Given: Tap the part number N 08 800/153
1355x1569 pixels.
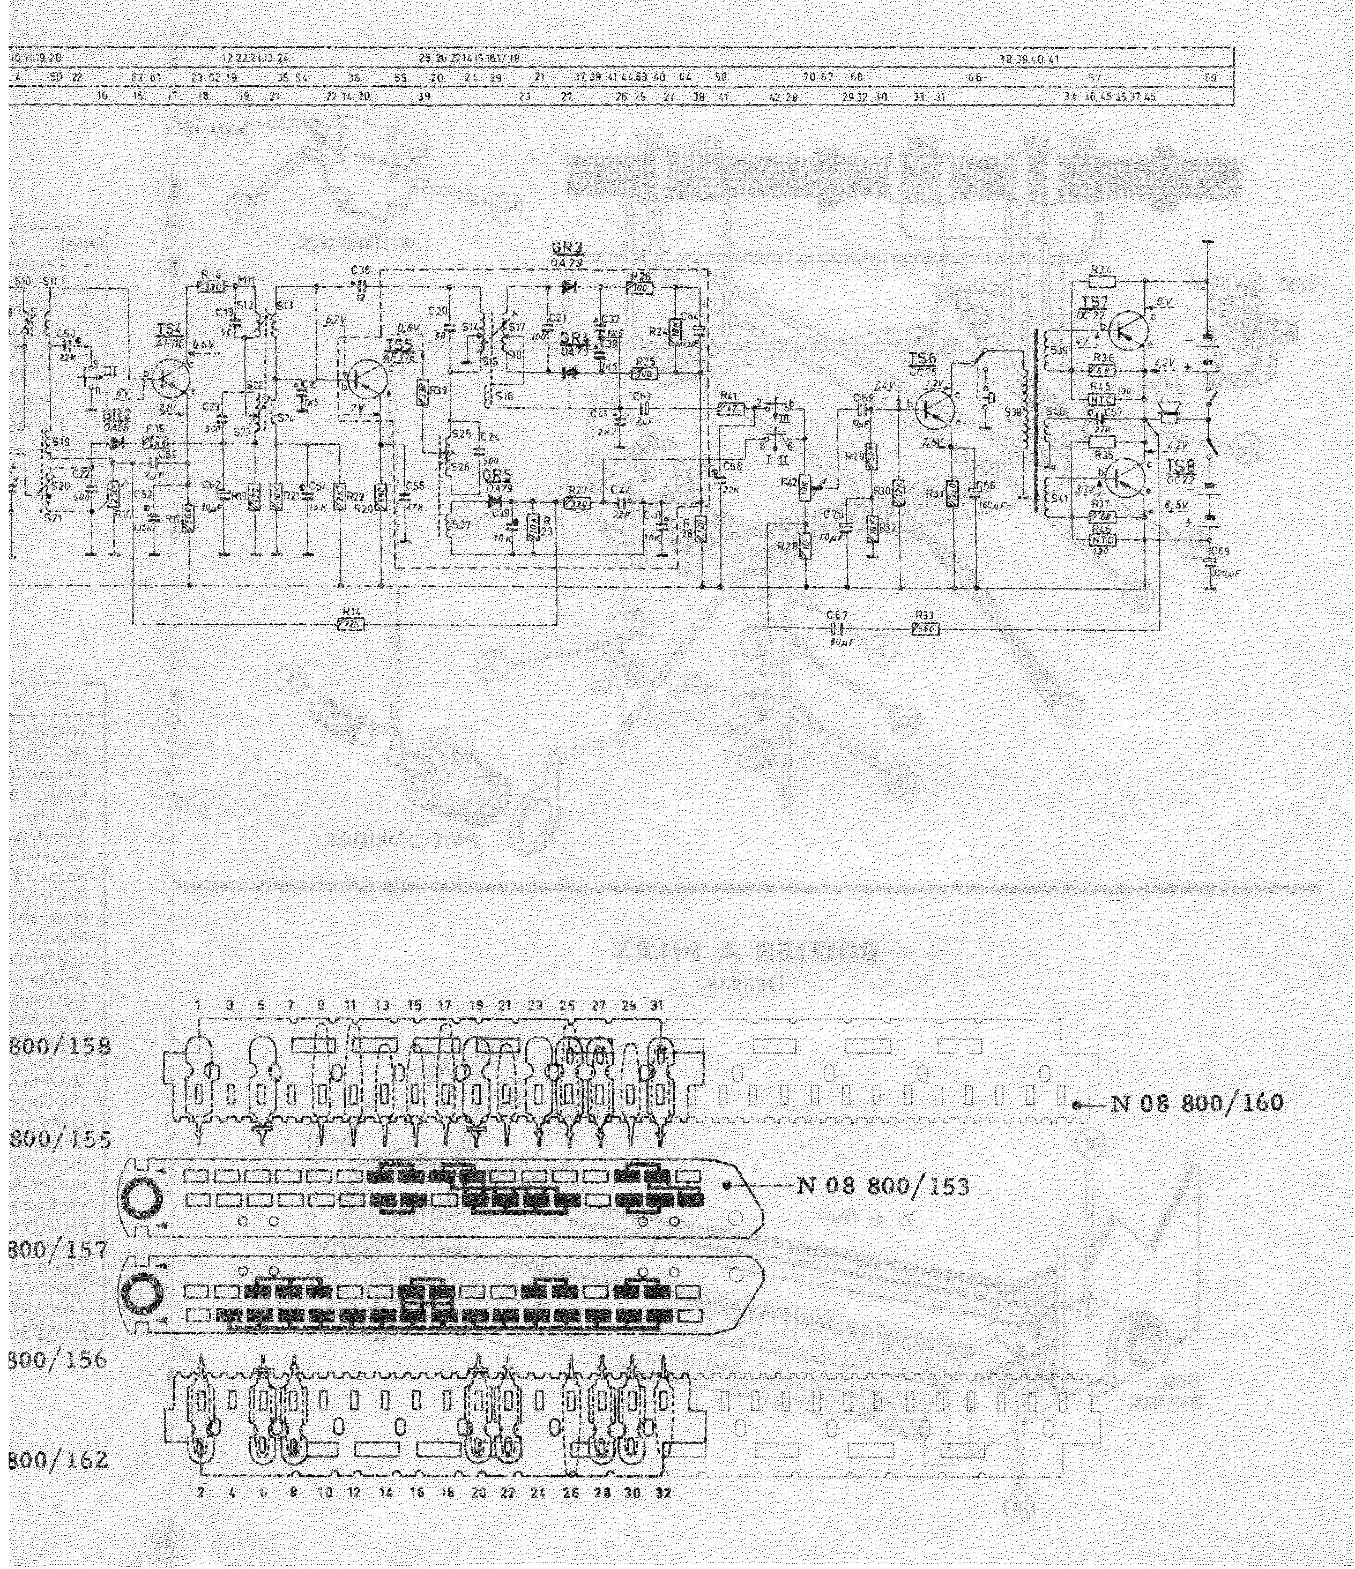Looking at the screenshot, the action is tap(882, 1186).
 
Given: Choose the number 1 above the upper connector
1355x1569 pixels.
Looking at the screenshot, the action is tap(198, 1006).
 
